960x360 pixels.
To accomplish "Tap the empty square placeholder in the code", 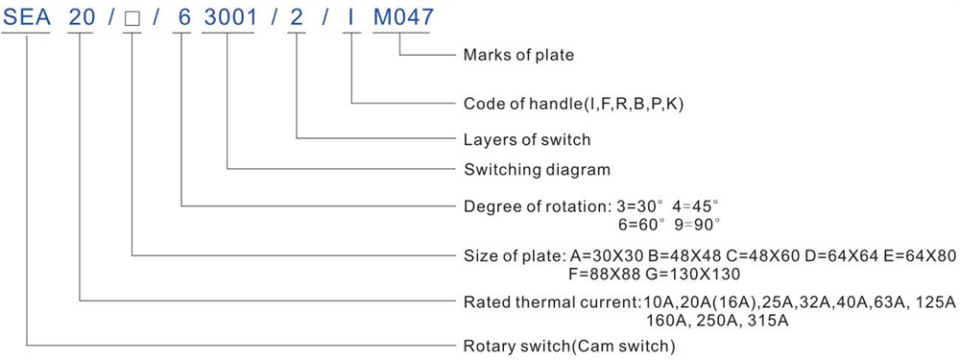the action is point(132,18).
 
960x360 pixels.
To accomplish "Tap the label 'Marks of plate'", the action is point(518,55).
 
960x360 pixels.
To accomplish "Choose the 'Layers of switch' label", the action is point(527,139).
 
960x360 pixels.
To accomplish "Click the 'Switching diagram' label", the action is point(537,169).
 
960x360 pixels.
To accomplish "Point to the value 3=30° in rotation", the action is point(640,206).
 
